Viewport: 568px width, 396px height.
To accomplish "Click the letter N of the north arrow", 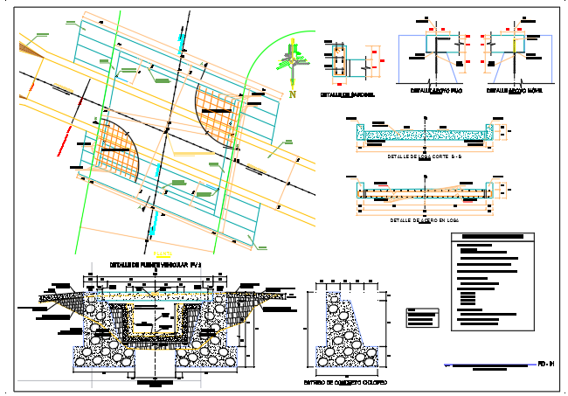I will coord(294,94).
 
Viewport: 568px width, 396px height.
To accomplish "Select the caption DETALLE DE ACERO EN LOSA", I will coord(424,220).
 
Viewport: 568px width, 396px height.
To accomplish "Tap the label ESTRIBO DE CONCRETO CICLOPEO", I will coord(345,383).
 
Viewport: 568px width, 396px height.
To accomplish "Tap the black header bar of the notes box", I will coord(496,238).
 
